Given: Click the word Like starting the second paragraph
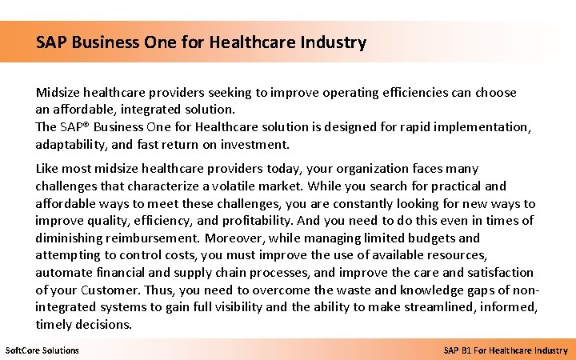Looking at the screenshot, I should (48, 169).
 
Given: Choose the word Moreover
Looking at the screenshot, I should (234, 238).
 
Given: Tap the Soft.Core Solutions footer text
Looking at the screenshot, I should (42, 350).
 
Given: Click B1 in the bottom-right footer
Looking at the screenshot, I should (473, 350).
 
